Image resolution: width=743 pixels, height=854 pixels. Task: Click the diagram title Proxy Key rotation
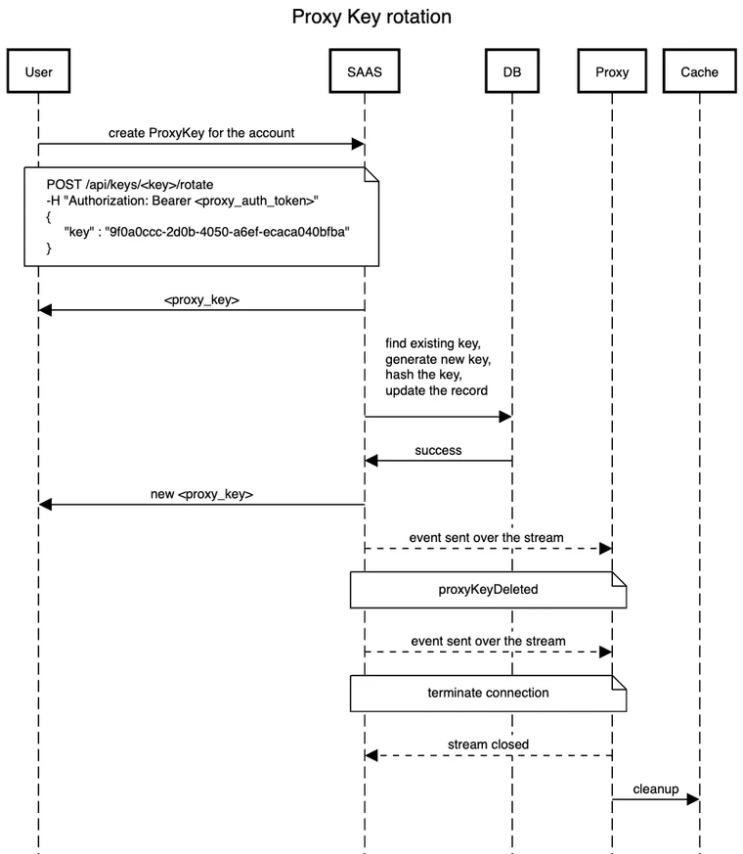click(x=371, y=18)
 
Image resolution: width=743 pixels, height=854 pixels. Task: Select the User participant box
click(x=38, y=71)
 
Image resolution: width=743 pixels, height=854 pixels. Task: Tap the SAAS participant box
click(x=365, y=71)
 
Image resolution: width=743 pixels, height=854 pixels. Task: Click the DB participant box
click(x=511, y=71)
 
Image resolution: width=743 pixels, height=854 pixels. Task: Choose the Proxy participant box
click(x=612, y=71)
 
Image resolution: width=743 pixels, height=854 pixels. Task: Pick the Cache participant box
click(x=699, y=71)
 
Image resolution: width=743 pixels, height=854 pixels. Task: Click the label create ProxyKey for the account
click(x=201, y=133)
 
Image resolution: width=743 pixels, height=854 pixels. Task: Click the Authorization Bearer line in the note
click(x=183, y=201)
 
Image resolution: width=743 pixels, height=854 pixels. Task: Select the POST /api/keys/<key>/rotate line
click(x=129, y=185)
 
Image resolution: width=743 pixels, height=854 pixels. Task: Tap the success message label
click(x=438, y=451)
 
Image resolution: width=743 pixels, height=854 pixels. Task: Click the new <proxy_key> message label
click(x=201, y=494)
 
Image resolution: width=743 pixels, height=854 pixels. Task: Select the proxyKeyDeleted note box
click(x=488, y=591)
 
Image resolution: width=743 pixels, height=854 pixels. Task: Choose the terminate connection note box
click(x=488, y=693)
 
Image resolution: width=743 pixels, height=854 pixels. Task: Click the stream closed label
click(x=488, y=744)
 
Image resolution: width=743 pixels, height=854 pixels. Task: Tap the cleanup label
click(x=655, y=788)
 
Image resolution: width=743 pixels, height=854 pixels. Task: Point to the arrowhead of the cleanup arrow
click(x=693, y=800)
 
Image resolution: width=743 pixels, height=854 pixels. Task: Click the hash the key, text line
click(x=423, y=375)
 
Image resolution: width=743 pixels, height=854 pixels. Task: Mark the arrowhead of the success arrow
click(x=371, y=461)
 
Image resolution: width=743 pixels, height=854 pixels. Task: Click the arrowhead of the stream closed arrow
click(x=371, y=755)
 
